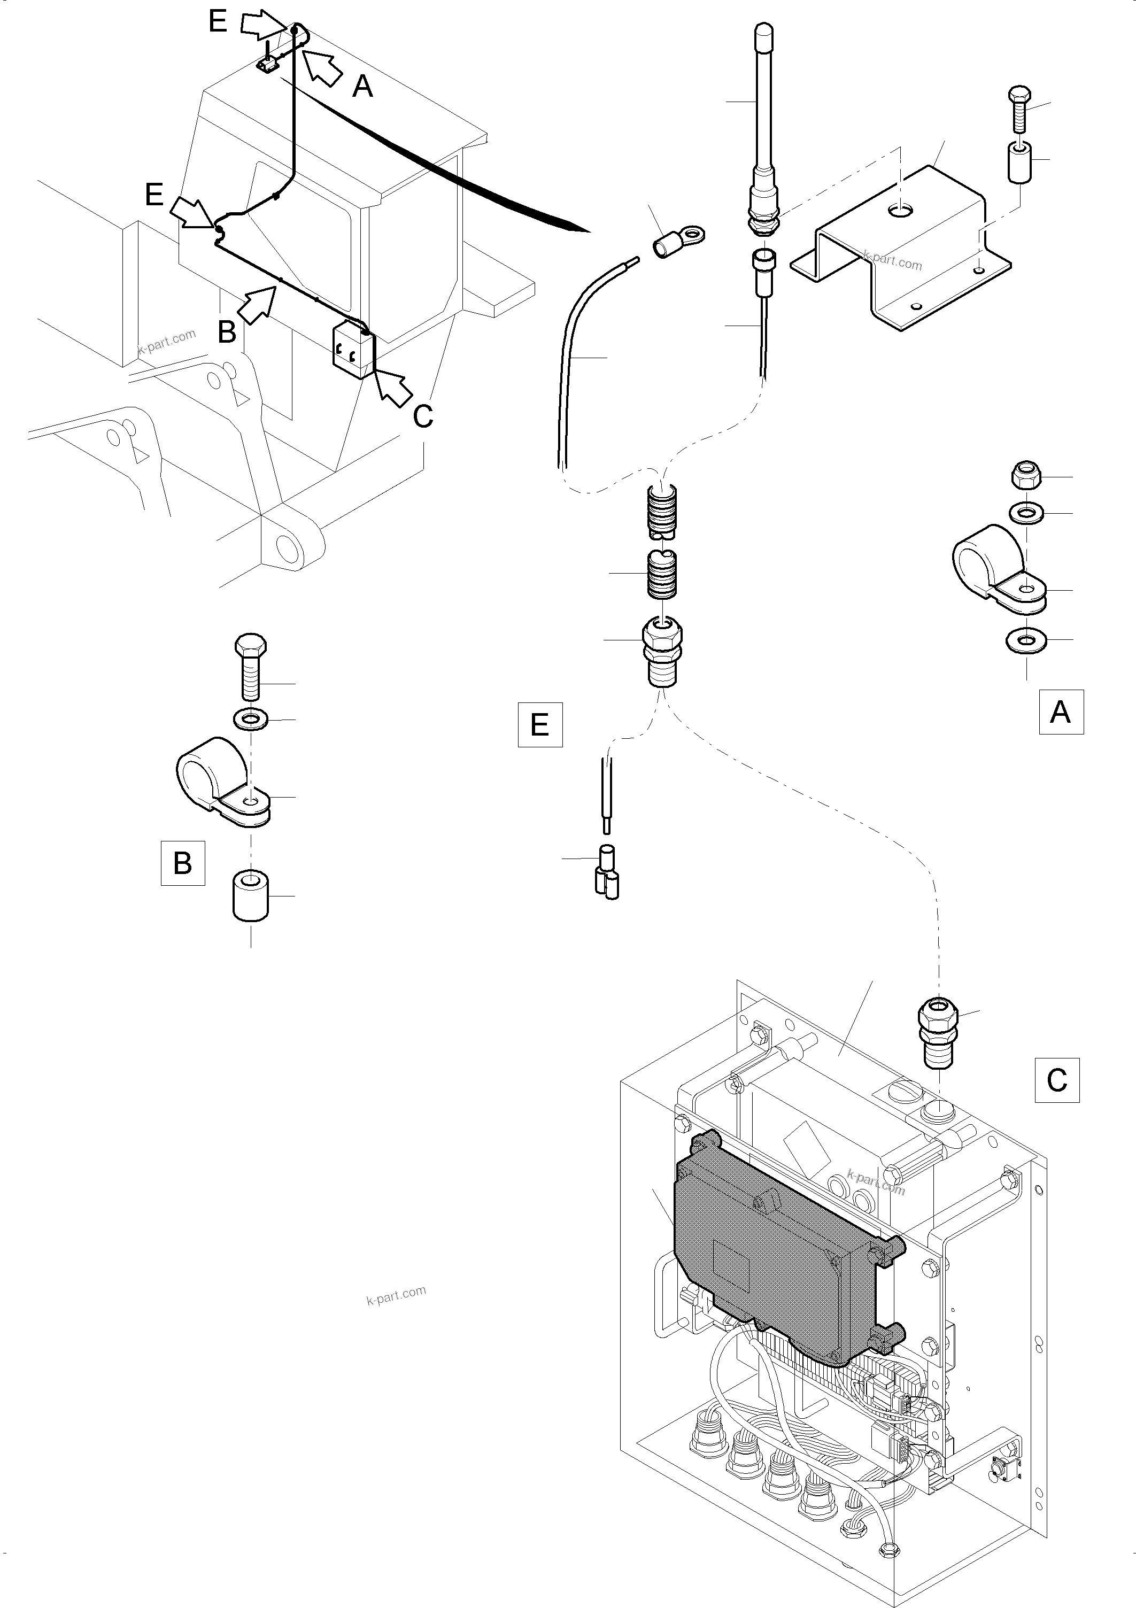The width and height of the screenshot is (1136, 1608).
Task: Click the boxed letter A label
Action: pos(1061,712)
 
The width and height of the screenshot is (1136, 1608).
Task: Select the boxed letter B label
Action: pos(183,863)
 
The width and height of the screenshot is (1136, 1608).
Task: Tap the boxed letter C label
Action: pos(1056,1080)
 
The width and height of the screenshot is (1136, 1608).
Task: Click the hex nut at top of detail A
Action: pos(1027,476)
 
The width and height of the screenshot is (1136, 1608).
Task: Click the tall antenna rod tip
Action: pos(763,35)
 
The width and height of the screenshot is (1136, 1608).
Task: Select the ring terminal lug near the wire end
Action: pos(678,240)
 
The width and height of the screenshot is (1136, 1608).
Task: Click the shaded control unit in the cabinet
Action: pos(777,1250)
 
